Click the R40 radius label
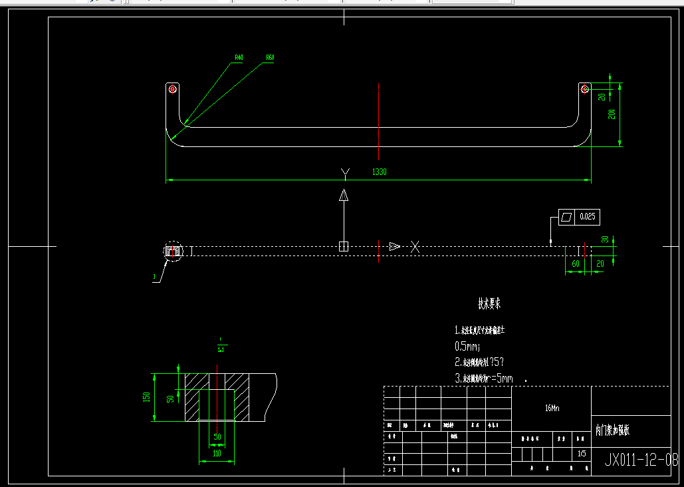point(239,58)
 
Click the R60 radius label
point(270,58)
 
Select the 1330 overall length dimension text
point(379,172)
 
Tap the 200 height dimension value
point(612,114)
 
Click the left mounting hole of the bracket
point(173,88)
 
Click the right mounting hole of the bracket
point(584,88)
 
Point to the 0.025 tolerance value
point(587,217)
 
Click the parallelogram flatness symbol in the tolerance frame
point(566,217)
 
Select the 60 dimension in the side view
point(576,264)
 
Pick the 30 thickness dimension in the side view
point(605,240)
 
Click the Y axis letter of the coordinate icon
point(344,174)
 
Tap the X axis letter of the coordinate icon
point(415,247)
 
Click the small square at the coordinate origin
point(344,247)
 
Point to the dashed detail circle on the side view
point(173,251)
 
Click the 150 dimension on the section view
point(147,397)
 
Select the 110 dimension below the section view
point(217,453)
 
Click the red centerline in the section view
point(217,399)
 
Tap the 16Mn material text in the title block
point(552,408)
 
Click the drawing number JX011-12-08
point(641,459)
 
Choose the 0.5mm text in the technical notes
point(467,346)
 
